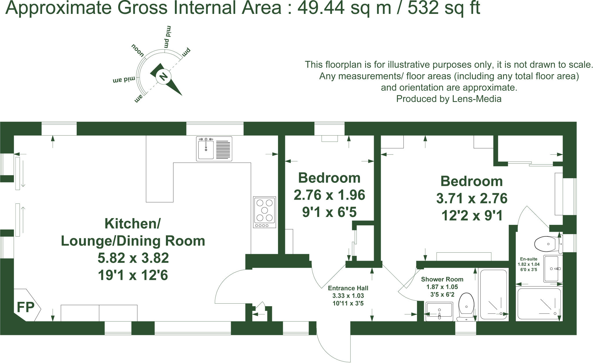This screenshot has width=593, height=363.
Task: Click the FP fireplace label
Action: point(25,307)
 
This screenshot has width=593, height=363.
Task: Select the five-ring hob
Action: point(265,212)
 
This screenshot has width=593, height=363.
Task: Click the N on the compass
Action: point(163,77)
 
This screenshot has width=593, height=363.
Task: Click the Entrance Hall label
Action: point(348,288)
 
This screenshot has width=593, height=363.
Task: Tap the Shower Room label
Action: point(442,279)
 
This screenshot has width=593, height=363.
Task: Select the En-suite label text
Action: point(528,259)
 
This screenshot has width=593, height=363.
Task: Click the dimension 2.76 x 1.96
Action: point(329,195)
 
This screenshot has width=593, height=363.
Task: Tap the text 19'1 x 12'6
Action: point(133,275)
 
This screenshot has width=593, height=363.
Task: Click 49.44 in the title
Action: point(321,8)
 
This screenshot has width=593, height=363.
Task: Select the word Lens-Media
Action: point(477,99)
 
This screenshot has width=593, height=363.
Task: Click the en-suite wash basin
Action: point(552,269)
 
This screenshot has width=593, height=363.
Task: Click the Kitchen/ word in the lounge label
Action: point(132,224)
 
